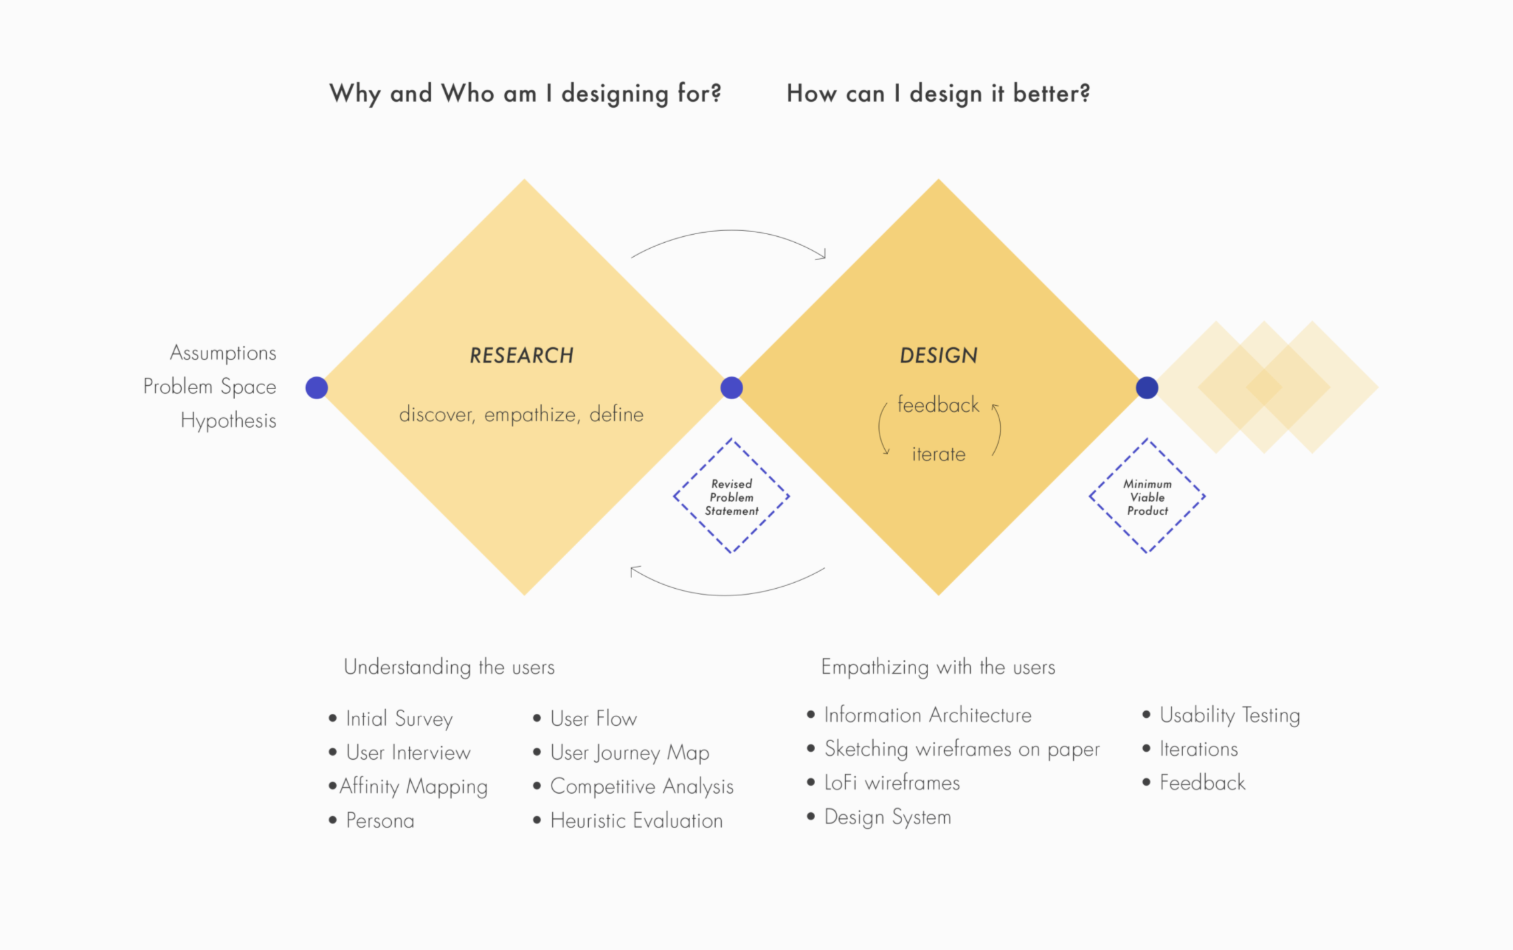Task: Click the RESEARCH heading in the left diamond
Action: point(522,355)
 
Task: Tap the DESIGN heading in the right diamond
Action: point(939,355)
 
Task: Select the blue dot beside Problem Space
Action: point(317,388)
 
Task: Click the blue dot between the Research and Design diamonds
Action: point(732,388)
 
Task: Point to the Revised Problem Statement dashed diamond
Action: point(732,496)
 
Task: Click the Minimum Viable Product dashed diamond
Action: point(1147,496)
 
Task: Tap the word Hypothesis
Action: point(228,421)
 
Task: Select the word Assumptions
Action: point(223,353)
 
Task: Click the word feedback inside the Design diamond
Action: point(938,404)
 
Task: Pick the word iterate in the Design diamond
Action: point(939,454)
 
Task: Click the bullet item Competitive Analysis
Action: point(642,786)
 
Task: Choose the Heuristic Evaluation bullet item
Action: point(637,820)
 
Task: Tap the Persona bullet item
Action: point(380,820)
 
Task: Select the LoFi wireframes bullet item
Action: point(892,783)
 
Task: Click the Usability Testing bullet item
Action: point(1230,715)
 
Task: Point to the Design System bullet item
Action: point(888,817)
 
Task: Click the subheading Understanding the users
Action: point(449,667)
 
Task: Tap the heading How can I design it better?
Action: point(938,94)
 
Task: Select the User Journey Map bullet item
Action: point(630,753)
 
